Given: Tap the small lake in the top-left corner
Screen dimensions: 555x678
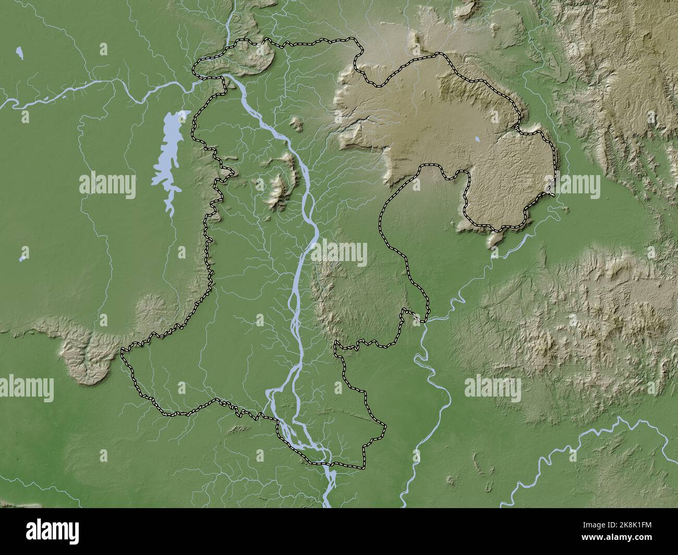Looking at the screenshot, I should point(20,52).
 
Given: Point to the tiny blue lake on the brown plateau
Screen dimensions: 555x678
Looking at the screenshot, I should point(478,139).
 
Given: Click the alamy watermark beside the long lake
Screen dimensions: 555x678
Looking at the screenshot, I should point(107,185).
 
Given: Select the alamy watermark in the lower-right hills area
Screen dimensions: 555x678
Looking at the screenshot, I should point(492,388).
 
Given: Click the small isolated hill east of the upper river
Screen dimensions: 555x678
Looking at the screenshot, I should point(297,124).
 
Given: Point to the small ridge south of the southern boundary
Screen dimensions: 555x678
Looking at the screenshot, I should point(237,429).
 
